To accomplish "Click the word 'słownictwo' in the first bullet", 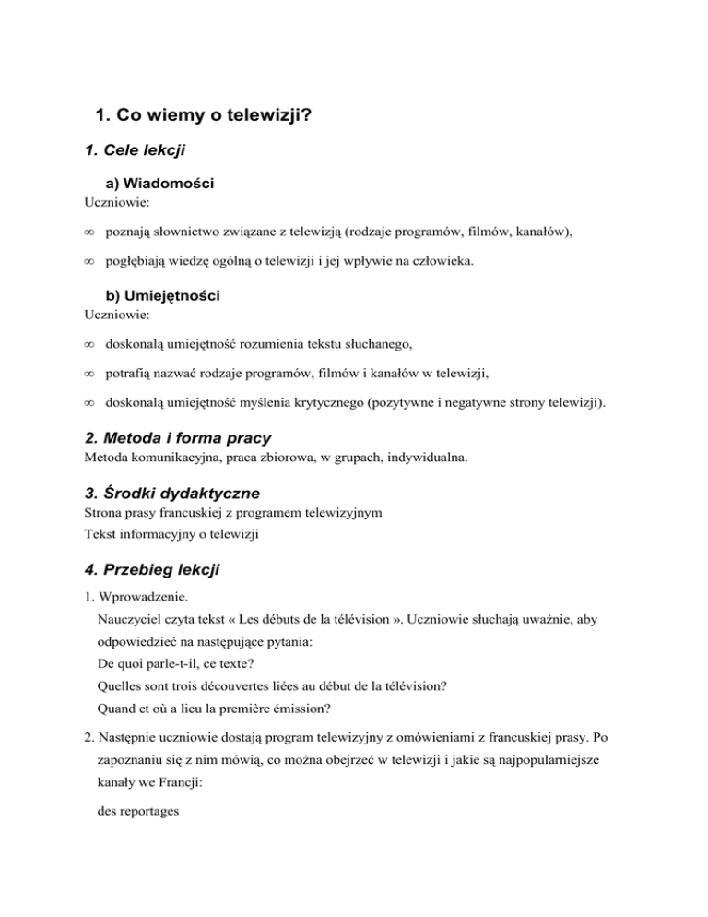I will (x=195, y=233).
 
